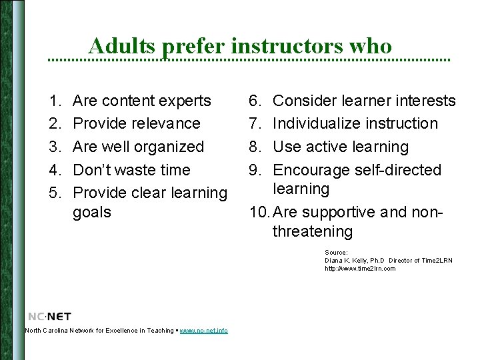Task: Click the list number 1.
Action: coord(53,101)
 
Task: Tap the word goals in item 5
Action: coord(92,213)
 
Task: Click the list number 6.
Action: coord(255,101)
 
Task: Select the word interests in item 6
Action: coord(425,101)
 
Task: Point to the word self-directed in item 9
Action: coord(397,170)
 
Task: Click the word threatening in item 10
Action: coord(313,232)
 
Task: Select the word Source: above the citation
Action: coord(336,253)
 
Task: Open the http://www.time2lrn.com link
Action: coord(360,269)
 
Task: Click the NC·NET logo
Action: coord(49,317)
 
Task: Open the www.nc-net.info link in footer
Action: coord(203,331)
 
